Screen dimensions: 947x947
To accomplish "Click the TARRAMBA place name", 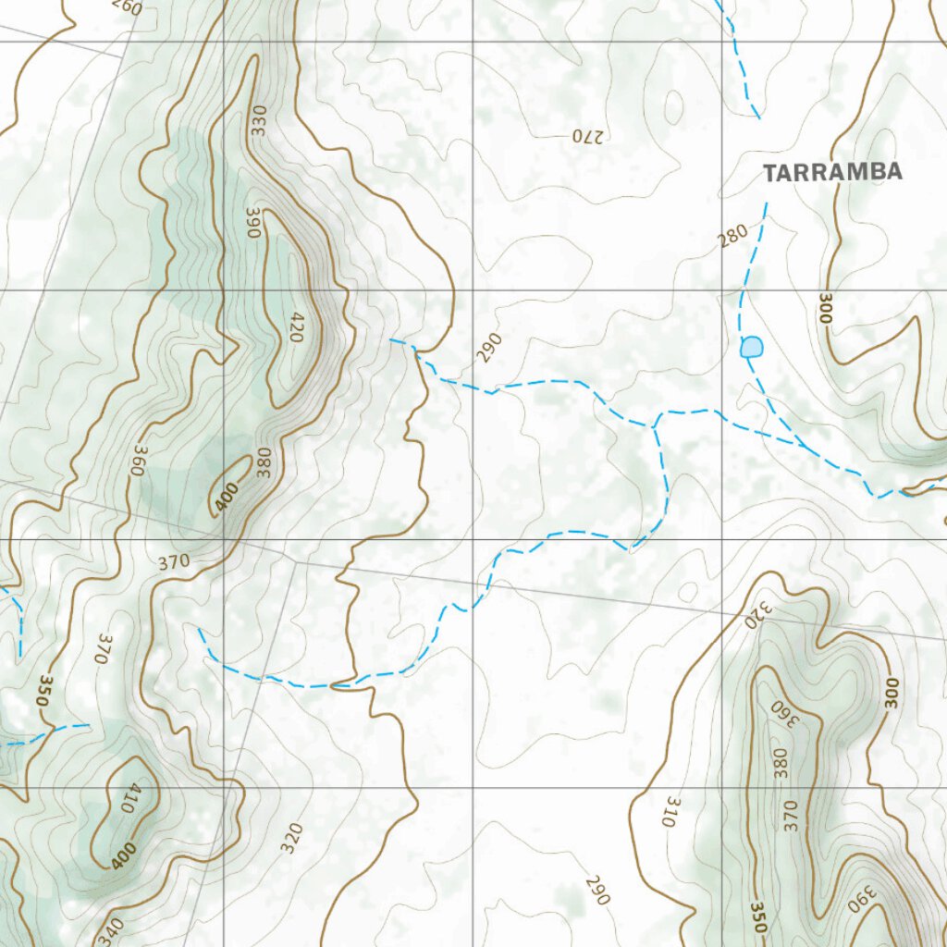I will (x=831, y=172).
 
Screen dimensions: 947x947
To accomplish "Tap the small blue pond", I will (x=752, y=347).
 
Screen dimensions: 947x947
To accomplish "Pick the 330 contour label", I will (x=258, y=121).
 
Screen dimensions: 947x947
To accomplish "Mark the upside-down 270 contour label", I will (x=586, y=136).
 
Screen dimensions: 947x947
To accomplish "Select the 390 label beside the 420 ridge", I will (x=253, y=223).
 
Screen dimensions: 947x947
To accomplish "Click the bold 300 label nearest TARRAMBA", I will (x=824, y=308).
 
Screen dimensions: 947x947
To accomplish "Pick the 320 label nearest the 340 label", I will (x=291, y=838).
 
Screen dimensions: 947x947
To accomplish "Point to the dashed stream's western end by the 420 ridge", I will (x=392, y=340).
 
